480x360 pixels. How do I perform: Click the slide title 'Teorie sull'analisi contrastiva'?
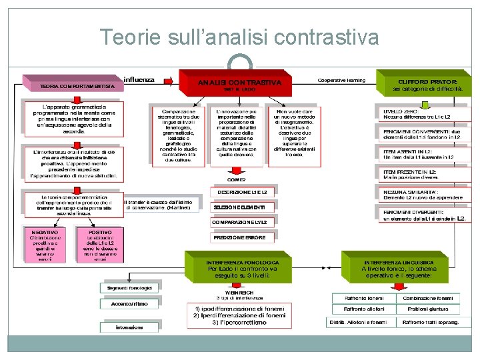pos(239,37)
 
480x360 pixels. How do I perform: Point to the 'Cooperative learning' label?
pos(341,81)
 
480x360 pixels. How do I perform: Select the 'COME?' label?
pos(236,179)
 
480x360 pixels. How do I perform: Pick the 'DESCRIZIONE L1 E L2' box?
pos(241,192)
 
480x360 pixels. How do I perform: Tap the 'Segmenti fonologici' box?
pos(129,288)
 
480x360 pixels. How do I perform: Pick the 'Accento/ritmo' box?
pos(129,303)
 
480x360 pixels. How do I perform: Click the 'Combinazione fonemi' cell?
pos(428,298)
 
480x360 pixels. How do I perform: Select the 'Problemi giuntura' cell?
pos(428,309)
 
